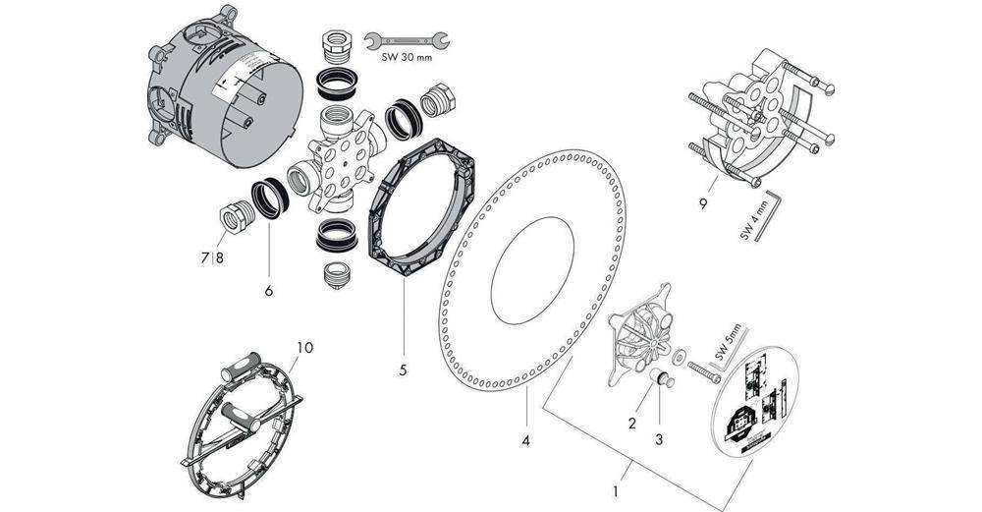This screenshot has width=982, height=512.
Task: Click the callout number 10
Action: click(304, 347)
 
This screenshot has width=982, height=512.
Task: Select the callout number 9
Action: click(703, 204)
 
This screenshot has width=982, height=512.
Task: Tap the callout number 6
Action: click(268, 291)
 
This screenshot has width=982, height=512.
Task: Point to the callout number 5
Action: click(402, 371)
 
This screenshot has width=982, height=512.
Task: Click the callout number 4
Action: click(526, 441)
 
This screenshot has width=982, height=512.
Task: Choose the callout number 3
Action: click(659, 439)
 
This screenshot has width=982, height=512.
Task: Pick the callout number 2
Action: click(632, 424)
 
